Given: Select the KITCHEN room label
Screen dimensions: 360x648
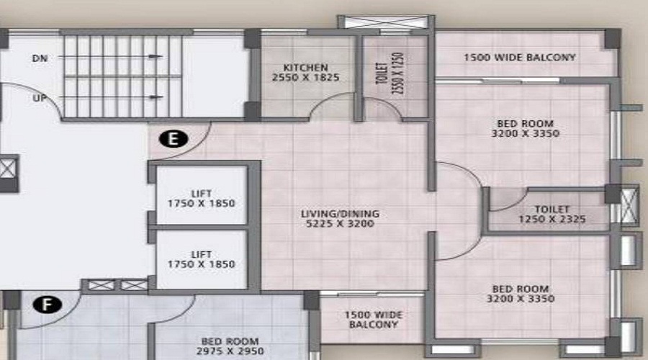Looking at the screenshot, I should pos(305,68).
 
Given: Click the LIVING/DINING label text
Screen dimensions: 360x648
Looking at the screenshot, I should pos(341,214).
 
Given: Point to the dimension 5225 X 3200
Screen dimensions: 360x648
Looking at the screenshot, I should pos(341,224).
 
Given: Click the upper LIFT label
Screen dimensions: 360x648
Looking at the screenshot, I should pos(202,194).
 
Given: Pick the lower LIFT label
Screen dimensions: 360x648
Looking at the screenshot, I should pos(202,254).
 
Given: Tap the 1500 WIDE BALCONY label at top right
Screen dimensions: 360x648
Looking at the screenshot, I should pos(519,57).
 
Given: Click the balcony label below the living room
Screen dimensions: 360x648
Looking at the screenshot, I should pos(373,320).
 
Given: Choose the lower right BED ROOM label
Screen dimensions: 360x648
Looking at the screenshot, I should pos(520,293).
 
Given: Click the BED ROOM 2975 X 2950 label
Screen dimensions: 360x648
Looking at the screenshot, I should pos(232,346).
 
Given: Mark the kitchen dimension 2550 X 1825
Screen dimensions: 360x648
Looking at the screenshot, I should pos(305,77).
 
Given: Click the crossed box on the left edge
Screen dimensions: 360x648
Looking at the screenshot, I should pos(7,171).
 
